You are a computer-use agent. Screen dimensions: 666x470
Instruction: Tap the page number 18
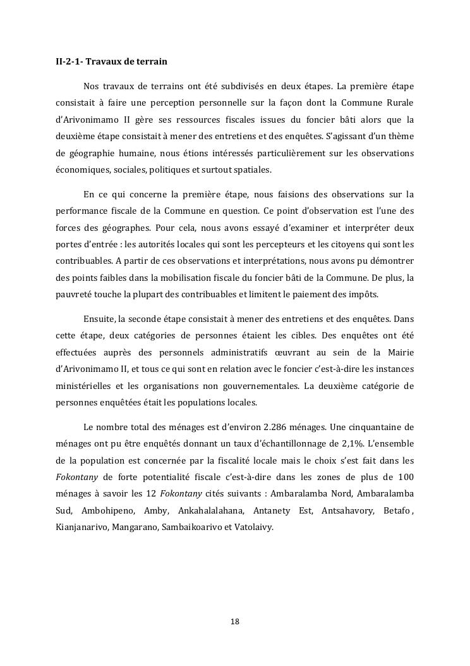click(235, 621)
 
